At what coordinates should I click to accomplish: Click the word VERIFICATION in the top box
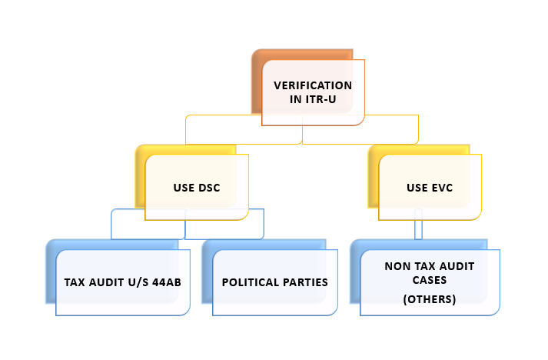click(x=313, y=85)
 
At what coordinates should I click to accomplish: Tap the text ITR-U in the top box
click(x=320, y=99)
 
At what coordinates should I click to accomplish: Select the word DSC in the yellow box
click(x=208, y=188)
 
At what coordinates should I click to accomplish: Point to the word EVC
click(x=442, y=188)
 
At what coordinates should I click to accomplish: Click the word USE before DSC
click(x=184, y=188)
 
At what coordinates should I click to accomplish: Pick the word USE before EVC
click(x=417, y=188)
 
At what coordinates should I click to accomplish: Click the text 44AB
click(x=167, y=282)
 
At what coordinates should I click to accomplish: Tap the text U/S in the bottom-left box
click(x=138, y=282)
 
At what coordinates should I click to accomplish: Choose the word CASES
click(x=430, y=280)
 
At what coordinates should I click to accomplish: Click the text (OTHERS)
click(x=430, y=299)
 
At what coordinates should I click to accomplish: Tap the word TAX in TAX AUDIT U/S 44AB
click(x=75, y=282)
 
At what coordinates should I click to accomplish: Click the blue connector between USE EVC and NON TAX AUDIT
click(x=418, y=225)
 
